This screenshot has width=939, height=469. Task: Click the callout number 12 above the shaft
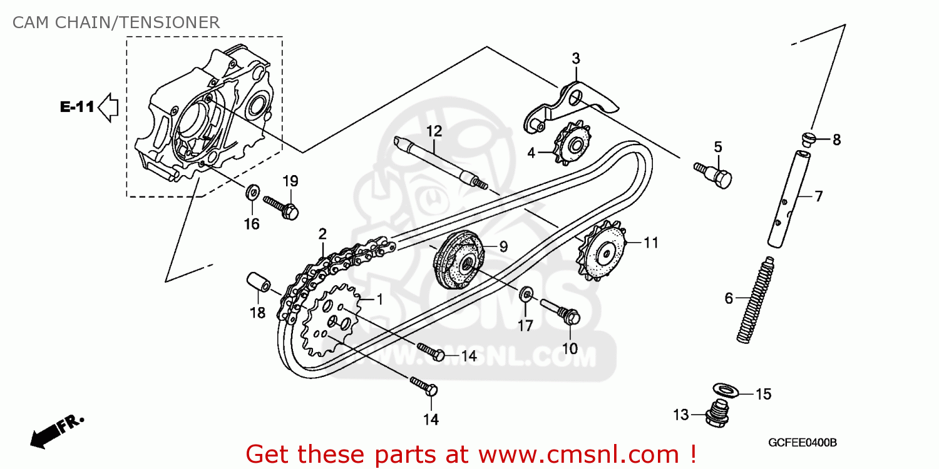point(434,131)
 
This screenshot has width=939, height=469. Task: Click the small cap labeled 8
point(808,139)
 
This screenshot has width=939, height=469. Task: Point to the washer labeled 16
point(252,191)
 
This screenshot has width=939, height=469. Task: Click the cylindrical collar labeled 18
point(257,283)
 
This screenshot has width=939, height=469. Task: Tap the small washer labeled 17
point(526,294)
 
